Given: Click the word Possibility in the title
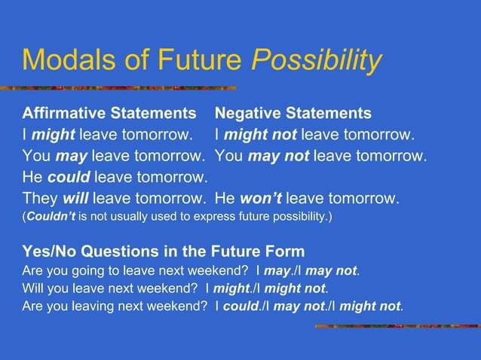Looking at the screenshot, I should point(317,61).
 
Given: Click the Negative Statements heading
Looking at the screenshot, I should point(293,114).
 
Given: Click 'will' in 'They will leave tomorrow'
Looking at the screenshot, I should point(75,199).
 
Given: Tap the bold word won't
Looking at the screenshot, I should point(261,199).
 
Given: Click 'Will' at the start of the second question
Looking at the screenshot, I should point(32,288).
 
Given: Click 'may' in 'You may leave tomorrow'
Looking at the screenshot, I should point(71,157).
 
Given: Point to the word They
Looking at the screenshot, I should point(38,199).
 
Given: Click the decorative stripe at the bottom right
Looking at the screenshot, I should point(397,326).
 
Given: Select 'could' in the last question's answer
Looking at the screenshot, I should point(240,307).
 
